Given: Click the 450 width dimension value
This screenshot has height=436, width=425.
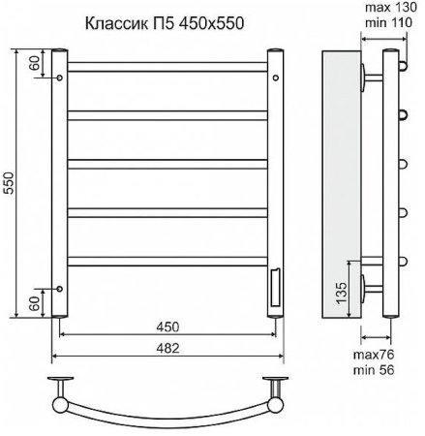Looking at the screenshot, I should pos(167,327).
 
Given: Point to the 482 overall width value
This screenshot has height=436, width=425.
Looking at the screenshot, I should pos(167,347).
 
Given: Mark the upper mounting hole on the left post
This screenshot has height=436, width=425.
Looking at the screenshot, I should pos(60,77).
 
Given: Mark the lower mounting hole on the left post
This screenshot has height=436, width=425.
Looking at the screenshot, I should pos(60,288).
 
